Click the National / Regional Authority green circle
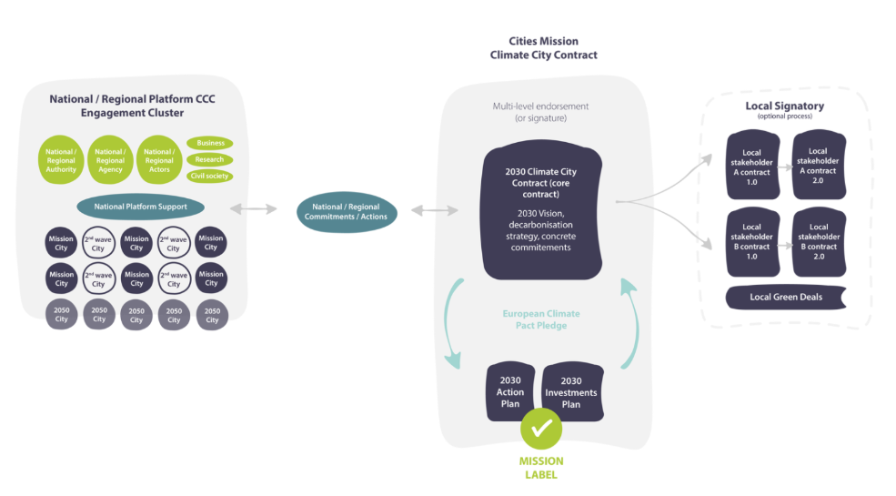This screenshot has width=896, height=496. coord(62,160)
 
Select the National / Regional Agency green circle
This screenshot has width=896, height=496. coord(110,160)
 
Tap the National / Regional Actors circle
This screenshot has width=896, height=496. coord(159,160)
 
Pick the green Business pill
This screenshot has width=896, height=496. coord(210,143)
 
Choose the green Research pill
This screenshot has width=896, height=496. coord(210,159)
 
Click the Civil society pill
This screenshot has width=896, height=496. coord(210,176)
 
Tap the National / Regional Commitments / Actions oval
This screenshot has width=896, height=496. coord(346,211)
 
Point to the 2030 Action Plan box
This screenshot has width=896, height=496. coord(510,392)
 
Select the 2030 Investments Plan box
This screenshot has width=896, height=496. coord(572,392)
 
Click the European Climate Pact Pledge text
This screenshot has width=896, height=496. coord(541,319)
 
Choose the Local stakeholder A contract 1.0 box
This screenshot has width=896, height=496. coord(751,166)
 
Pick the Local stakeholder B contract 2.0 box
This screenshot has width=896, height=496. coord(819,241)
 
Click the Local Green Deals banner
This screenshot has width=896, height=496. coord(786,297)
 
